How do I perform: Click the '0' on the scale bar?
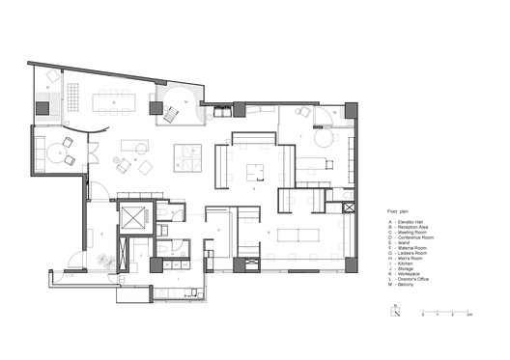pos(422,316)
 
